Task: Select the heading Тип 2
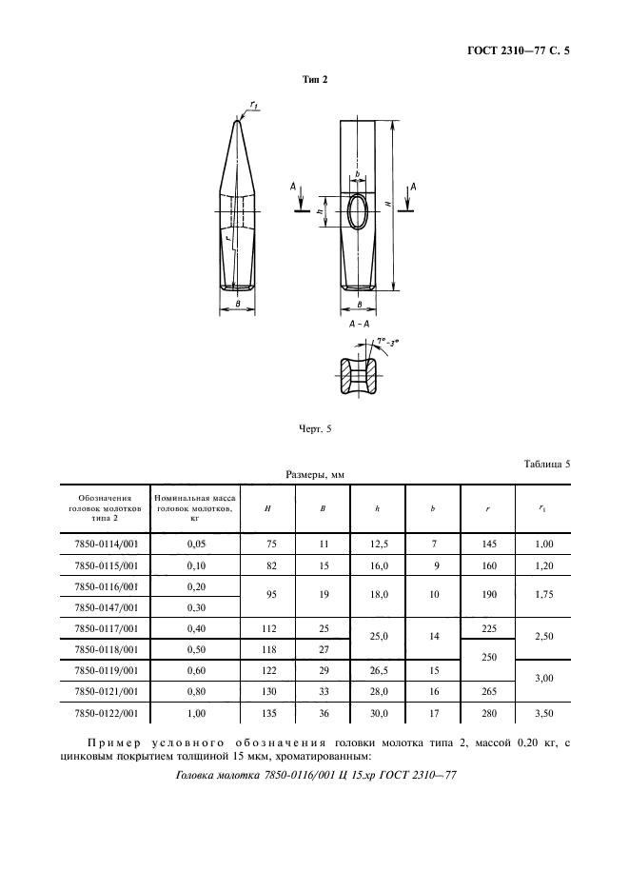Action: (x=314, y=81)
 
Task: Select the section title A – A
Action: (x=359, y=325)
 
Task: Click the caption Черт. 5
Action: (x=314, y=429)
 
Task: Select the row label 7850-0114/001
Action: (x=106, y=544)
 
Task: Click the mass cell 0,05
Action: (x=195, y=544)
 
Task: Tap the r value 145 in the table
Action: (x=487, y=544)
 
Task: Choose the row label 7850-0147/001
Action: (x=106, y=606)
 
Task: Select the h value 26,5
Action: (x=378, y=669)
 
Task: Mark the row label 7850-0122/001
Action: (x=106, y=711)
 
